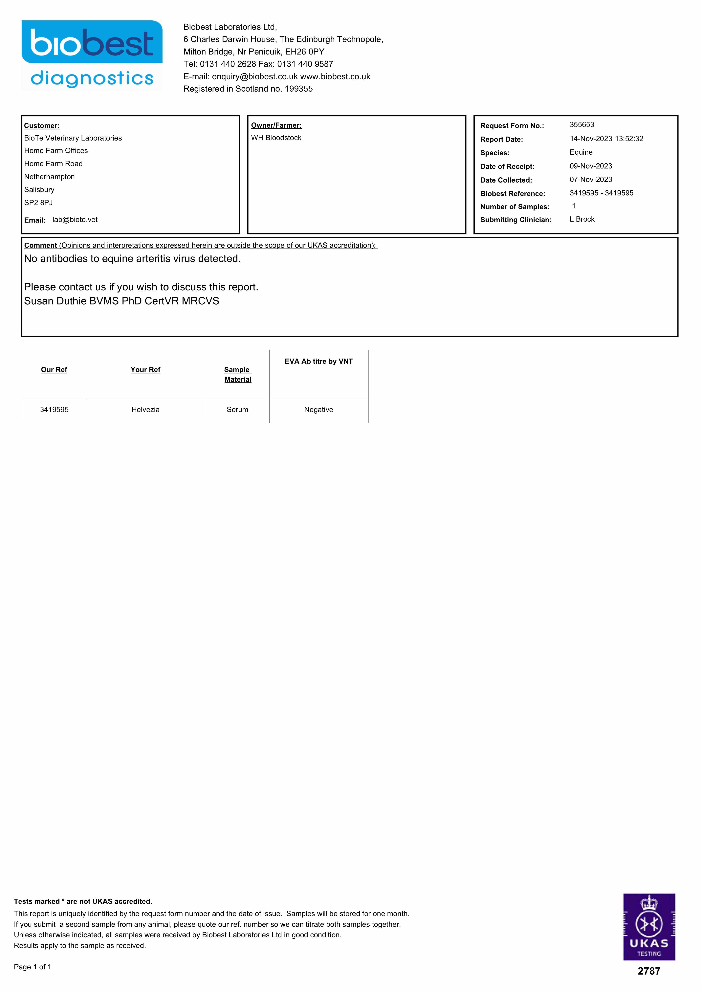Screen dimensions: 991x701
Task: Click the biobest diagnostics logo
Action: (x=92, y=55)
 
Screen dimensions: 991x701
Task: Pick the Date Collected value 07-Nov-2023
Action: (x=590, y=180)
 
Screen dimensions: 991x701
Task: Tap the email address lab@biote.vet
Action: (x=75, y=220)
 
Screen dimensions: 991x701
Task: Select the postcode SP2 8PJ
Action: (x=38, y=202)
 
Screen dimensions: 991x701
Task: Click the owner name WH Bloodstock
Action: (x=276, y=138)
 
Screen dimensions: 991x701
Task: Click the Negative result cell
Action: (x=318, y=410)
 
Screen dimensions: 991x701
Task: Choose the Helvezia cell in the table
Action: (x=145, y=410)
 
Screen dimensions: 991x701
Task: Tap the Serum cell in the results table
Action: (x=237, y=410)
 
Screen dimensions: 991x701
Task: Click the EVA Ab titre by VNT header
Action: (x=318, y=361)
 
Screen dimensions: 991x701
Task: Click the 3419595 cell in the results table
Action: (x=54, y=410)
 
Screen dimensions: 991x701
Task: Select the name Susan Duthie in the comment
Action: (x=55, y=301)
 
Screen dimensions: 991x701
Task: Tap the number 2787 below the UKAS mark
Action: (x=649, y=971)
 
